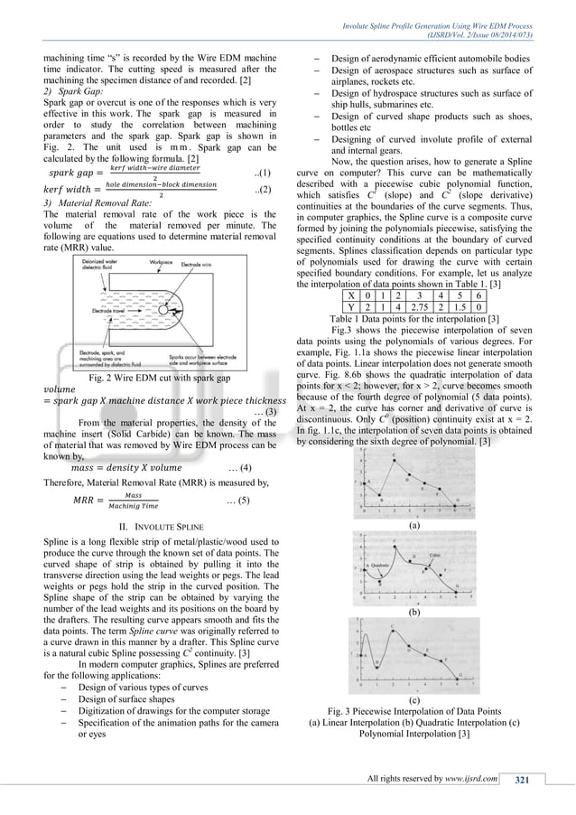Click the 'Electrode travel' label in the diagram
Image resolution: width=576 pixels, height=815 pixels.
tap(97, 311)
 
